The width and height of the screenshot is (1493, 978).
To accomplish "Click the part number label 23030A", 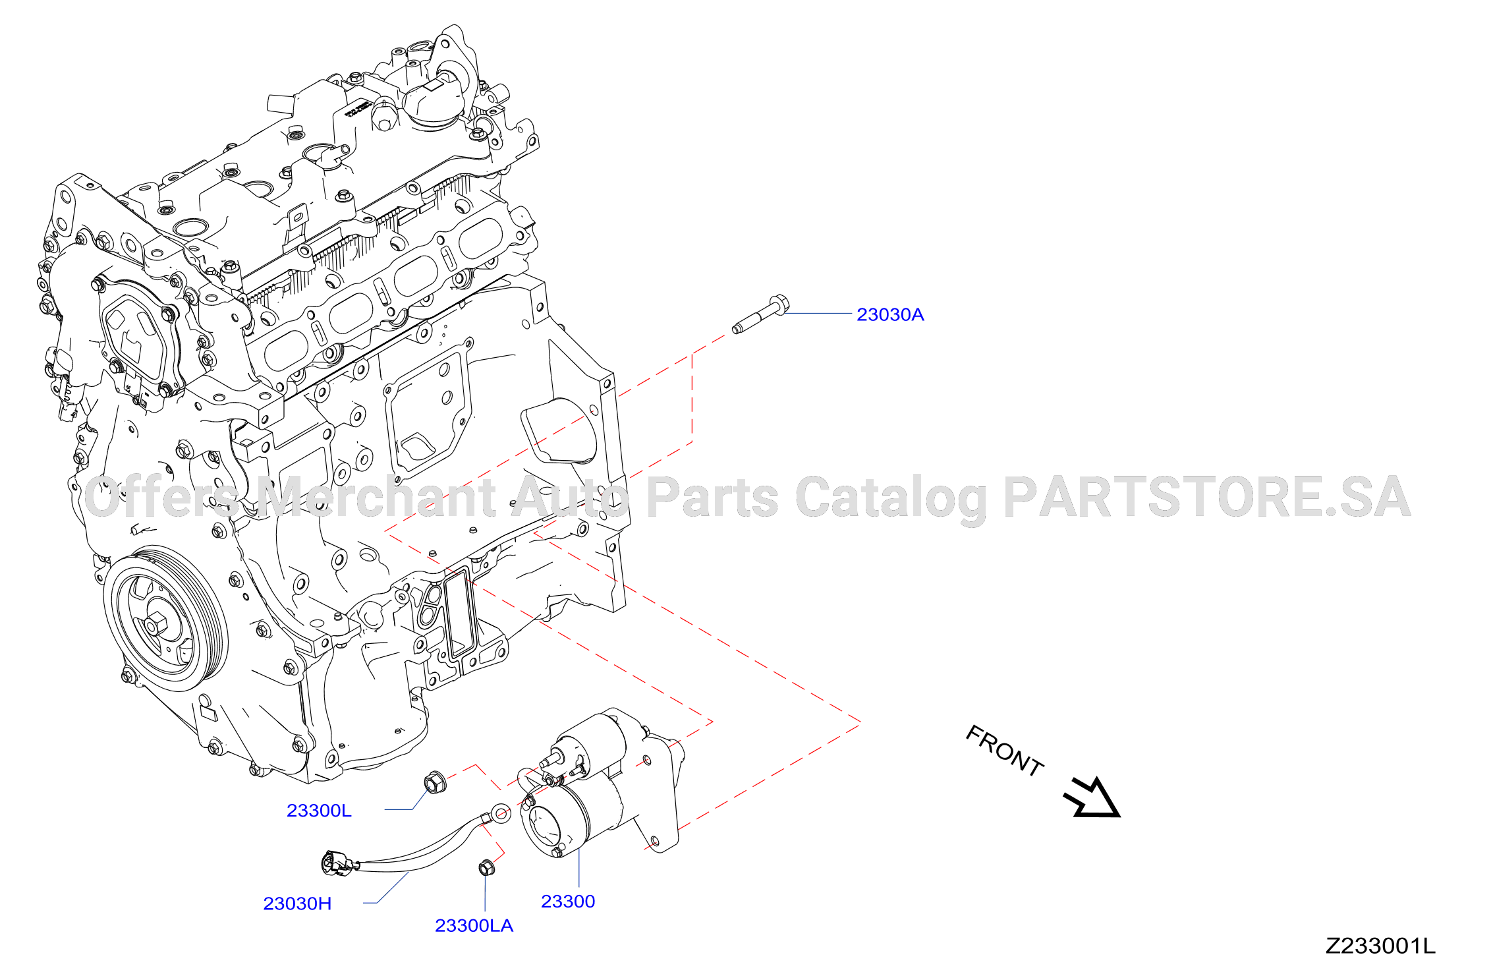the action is pyautogui.click(x=890, y=315).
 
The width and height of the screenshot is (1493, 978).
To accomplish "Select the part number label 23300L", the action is pyautogui.click(x=319, y=811).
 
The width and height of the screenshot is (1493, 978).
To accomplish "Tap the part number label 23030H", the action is pyautogui.click(x=297, y=904).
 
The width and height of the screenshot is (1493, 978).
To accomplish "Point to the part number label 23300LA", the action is pyautogui.click(x=474, y=926).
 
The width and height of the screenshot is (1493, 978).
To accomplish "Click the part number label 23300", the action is pyautogui.click(x=568, y=902).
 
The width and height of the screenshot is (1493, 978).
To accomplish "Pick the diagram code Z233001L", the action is pyautogui.click(x=1380, y=946).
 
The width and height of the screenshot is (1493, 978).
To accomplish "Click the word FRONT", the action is pyautogui.click(x=1005, y=751).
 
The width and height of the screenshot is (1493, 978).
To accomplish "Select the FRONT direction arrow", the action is pyautogui.click(x=1092, y=798).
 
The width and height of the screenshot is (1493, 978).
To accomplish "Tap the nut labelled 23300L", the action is pyautogui.click(x=435, y=782).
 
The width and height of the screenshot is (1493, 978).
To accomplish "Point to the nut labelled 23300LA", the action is pyautogui.click(x=487, y=867).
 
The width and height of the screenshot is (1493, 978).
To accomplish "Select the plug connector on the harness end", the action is pyautogui.click(x=338, y=863).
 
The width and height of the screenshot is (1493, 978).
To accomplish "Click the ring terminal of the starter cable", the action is pyautogui.click(x=501, y=813).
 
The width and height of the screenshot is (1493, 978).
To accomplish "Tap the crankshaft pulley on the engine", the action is pyautogui.click(x=166, y=619).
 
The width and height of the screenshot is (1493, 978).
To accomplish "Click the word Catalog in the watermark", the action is pyautogui.click(x=891, y=500).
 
